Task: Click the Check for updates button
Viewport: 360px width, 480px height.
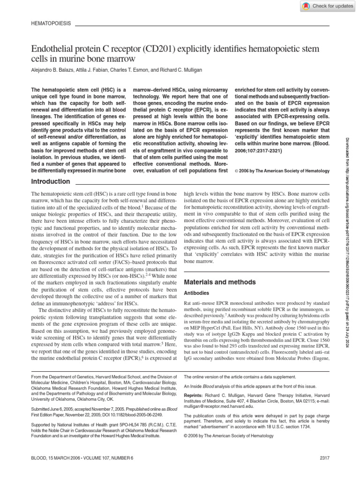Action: (x=328, y=6)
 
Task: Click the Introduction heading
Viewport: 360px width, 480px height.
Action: (x=50, y=181)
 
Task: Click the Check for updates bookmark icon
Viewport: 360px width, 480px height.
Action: (x=306, y=6)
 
